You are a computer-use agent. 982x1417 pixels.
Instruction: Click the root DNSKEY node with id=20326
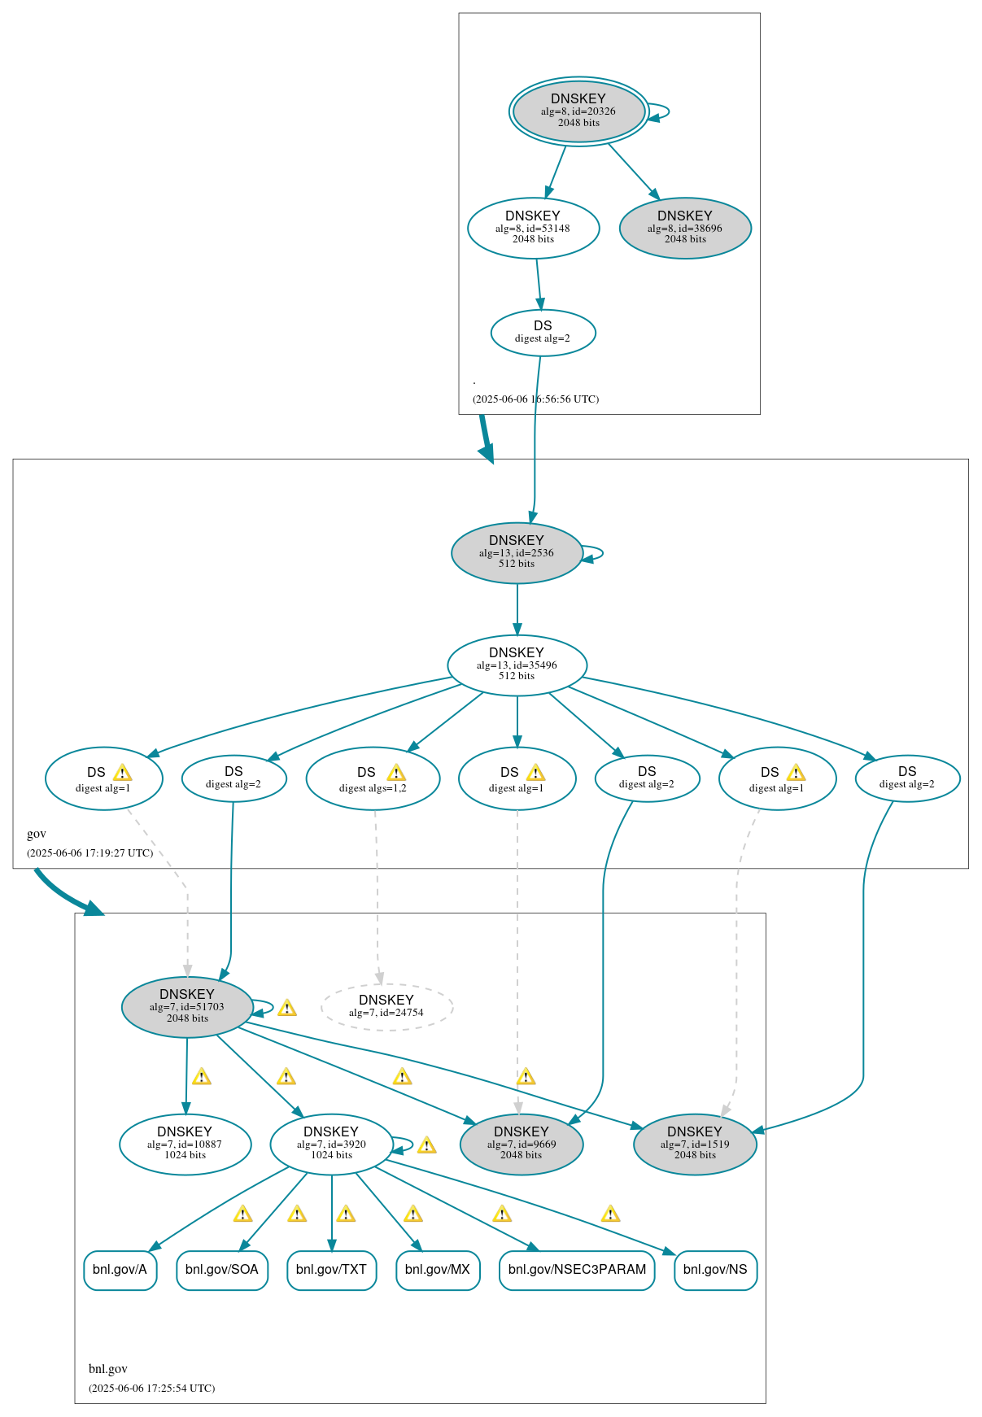click(578, 111)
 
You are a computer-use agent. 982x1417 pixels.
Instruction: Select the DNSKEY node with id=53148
click(533, 228)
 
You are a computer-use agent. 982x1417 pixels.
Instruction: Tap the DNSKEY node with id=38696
click(685, 228)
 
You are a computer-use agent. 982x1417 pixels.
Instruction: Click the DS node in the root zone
click(543, 332)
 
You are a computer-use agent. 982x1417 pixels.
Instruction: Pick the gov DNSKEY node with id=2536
click(517, 552)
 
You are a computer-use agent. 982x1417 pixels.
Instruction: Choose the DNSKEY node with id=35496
click(517, 665)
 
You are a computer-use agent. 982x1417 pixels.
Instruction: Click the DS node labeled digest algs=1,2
click(373, 778)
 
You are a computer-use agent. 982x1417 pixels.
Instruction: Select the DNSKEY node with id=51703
click(187, 1006)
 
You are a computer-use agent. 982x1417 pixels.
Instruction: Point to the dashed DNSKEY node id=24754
click(386, 1006)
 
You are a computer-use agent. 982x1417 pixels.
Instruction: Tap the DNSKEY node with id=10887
click(185, 1144)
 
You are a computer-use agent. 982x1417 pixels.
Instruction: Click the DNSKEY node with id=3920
click(331, 1144)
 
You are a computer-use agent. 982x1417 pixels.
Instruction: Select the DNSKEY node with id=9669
click(522, 1144)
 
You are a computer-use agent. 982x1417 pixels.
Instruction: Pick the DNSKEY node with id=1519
click(695, 1144)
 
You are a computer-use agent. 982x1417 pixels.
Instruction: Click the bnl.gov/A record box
click(120, 1270)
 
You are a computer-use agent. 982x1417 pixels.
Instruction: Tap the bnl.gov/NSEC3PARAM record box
click(577, 1270)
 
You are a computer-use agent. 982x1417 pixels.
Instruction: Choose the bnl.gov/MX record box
click(438, 1270)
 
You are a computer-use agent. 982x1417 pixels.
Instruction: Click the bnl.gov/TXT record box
click(331, 1270)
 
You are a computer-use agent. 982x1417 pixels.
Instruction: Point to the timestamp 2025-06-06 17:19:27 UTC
click(89, 852)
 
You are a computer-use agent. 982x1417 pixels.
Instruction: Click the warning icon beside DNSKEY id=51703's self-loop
click(287, 1009)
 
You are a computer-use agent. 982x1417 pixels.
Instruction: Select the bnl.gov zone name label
click(108, 1368)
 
